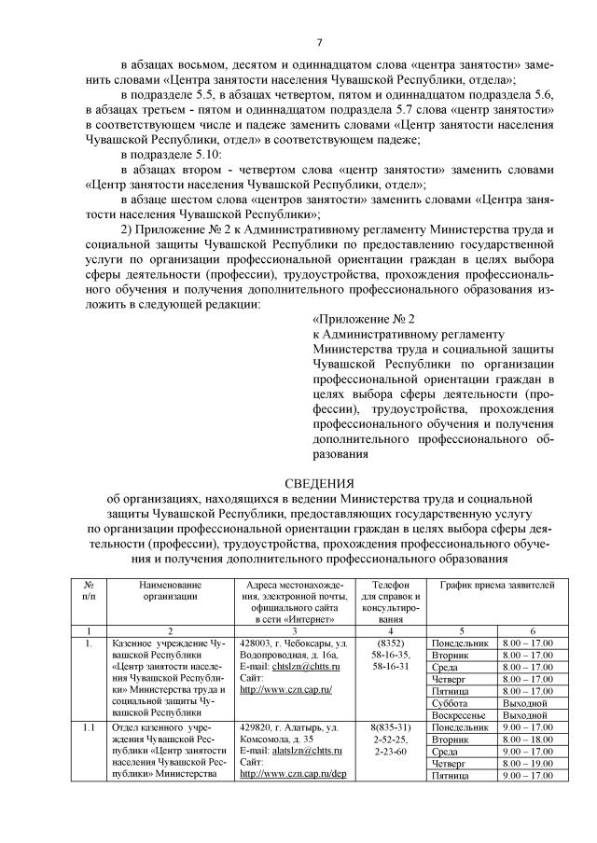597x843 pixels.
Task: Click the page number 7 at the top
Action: pyautogui.click(x=320, y=42)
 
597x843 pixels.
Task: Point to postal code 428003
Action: pyautogui.click(x=255, y=644)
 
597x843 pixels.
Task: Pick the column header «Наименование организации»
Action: pyautogui.click(x=171, y=588)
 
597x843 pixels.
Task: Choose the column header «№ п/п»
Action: pyautogui.click(x=89, y=588)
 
